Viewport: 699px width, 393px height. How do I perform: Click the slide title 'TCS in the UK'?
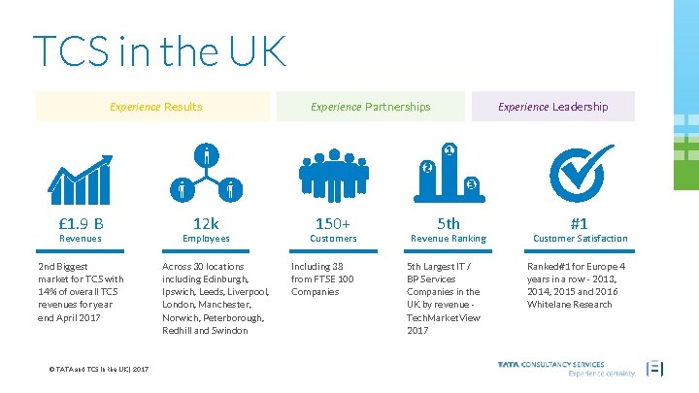[x=160, y=51]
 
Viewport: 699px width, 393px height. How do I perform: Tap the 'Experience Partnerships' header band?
[x=370, y=107]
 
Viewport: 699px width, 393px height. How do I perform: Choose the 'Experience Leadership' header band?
[x=552, y=107]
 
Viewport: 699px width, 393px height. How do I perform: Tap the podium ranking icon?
[x=449, y=173]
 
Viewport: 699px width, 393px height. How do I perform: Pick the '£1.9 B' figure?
[x=82, y=222]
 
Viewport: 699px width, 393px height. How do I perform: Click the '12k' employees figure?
[x=206, y=222]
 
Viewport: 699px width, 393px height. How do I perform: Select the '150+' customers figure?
[x=333, y=222]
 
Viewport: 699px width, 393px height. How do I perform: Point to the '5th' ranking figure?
[x=449, y=222]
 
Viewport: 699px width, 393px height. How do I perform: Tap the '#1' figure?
[x=580, y=222]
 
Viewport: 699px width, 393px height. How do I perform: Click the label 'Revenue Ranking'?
[x=449, y=239]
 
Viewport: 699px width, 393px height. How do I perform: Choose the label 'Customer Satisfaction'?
[x=581, y=239]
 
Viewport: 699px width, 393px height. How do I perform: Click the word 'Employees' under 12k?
[x=206, y=239]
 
